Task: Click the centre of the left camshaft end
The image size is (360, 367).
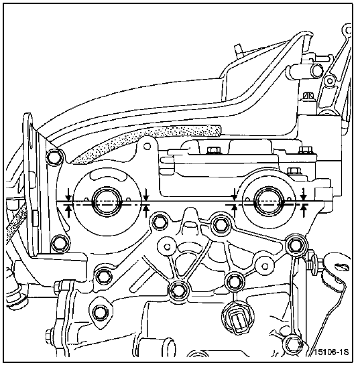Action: [x=107, y=202]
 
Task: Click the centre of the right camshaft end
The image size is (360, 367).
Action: [x=269, y=202]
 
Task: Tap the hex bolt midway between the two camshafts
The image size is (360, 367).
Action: [x=220, y=225]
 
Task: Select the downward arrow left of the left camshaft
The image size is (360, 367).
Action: [x=68, y=194]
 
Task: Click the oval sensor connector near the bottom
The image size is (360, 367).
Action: [x=239, y=319]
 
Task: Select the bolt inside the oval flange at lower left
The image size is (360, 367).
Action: [x=99, y=313]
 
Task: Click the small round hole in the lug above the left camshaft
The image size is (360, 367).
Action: [x=147, y=147]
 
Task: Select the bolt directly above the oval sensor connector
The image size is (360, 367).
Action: [x=234, y=282]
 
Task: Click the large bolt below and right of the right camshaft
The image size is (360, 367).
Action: [x=295, y=245]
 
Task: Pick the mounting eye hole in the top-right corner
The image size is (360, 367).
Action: [x=349, y=30]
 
